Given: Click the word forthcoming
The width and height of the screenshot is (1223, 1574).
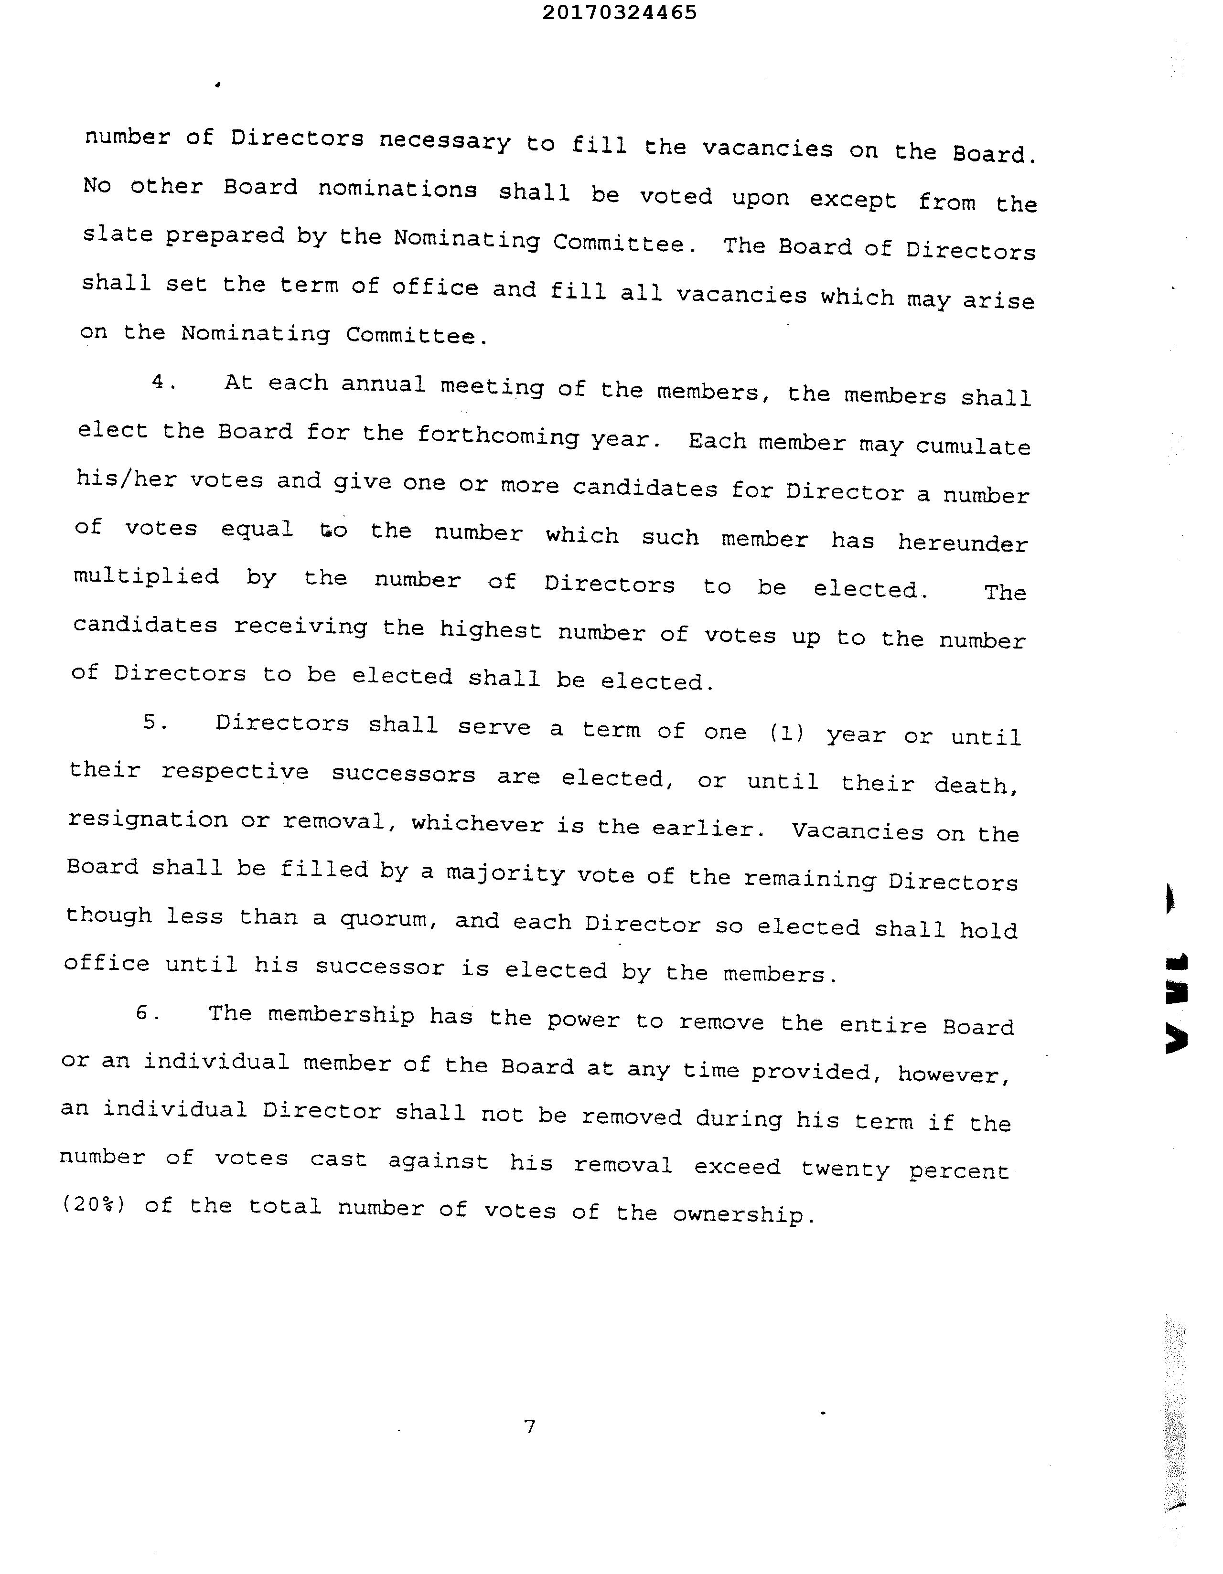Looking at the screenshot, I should tap(498, 436).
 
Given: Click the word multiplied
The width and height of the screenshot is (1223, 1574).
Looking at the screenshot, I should tap(146, 576).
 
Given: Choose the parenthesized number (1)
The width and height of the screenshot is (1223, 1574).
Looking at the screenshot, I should tap(786, 733).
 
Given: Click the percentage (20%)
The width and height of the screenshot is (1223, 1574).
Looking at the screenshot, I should tap(95, 1204).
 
